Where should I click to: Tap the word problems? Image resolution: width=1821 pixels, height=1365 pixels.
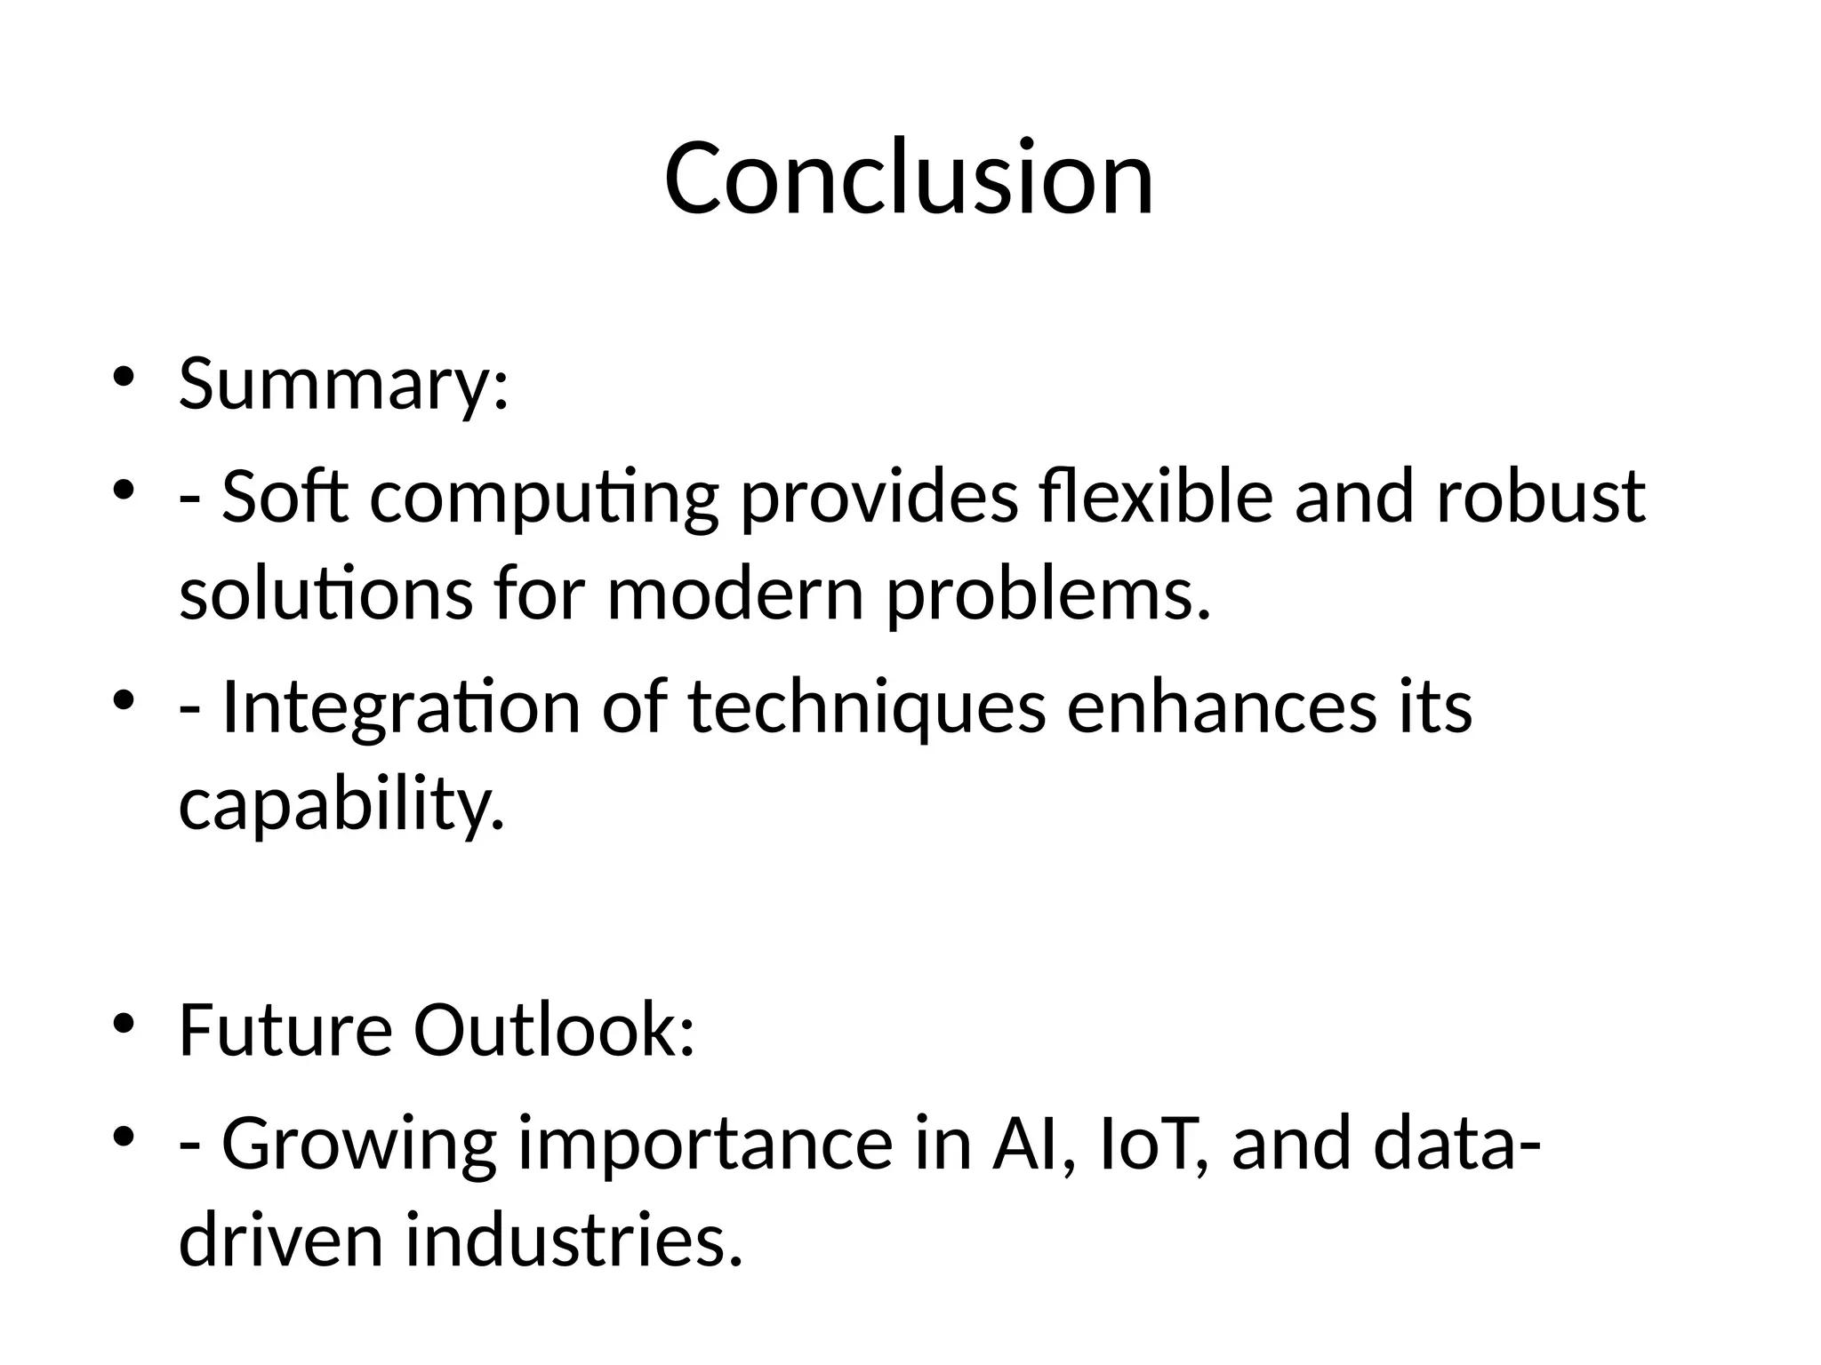tap(1048, 596)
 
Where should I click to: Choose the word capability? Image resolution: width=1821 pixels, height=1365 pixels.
tap(341, 805)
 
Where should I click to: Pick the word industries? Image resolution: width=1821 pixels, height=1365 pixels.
tap(573, 1241)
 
